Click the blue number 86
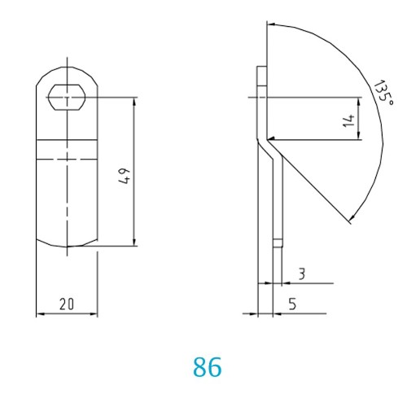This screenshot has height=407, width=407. (208, 366)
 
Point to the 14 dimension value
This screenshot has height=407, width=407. (348, 120)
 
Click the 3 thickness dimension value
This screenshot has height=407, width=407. (301, 274)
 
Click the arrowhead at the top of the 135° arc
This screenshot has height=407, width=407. (270, 23)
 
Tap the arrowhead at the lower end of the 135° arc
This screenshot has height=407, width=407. (350, 218)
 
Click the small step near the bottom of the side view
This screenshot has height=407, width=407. (276, 240)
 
